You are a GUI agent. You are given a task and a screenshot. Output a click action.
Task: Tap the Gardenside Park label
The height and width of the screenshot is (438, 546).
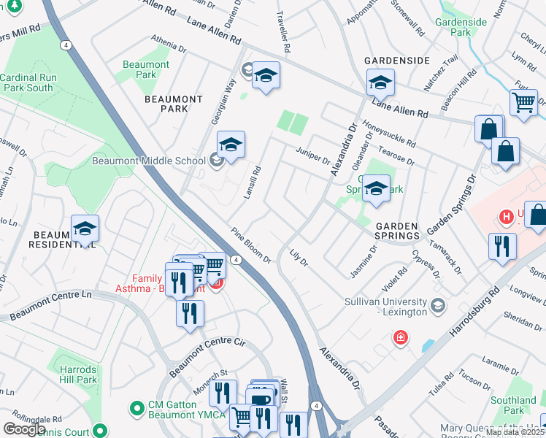click(460, 27)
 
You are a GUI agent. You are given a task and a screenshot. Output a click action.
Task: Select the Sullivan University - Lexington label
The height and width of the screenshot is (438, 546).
click(385, 307)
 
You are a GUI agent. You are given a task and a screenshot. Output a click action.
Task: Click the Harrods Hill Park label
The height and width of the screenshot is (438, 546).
click(77, 374)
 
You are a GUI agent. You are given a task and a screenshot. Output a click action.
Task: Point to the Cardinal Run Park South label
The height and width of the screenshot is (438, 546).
click(27, 82)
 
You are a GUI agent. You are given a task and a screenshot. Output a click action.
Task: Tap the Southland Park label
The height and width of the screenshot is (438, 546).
click(513, 405)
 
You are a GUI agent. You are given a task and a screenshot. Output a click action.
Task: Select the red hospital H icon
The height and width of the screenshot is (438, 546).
click(504, 217)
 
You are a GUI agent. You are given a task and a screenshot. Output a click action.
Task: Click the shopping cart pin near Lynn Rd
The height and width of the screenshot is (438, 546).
click(523, 102)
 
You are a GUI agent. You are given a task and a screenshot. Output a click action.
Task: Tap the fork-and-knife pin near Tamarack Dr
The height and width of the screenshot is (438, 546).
click(502, 245)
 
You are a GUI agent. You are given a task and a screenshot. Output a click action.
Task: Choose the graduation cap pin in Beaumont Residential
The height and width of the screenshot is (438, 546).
click(85, 228)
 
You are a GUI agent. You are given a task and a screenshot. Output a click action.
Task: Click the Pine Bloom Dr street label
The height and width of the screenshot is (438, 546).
click(252, 248)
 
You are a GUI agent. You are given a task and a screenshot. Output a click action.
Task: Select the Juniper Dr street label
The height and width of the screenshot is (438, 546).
click(313, 155)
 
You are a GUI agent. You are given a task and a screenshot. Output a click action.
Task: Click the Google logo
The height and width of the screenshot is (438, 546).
click(24, 429)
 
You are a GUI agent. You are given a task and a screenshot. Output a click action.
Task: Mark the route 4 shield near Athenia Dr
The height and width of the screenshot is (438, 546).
click(66, 45)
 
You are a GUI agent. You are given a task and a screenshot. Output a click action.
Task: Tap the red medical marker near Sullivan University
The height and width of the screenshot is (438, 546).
click(400, 337)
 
